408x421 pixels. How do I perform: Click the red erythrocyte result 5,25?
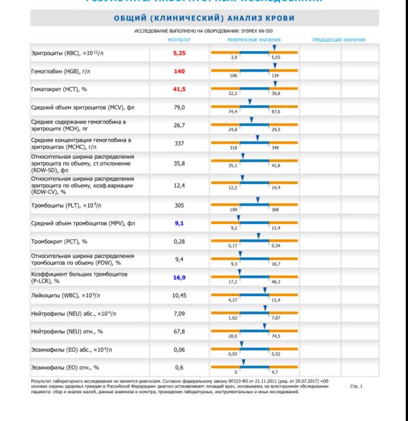click(180, 52)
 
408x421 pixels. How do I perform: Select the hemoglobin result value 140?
click(180, 71)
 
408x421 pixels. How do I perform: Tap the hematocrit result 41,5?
click(180, 89)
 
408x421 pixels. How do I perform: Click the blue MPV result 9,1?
click(180, 223)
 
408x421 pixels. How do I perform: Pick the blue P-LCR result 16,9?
click(180, 277)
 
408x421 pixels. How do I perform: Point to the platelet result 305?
click(180, 204)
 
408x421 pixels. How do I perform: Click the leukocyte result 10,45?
click(180, 295)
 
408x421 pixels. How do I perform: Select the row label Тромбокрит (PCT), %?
click(60, 241)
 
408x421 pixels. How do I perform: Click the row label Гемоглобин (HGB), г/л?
click(64, 71)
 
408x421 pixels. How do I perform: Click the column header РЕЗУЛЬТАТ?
click(179, 40)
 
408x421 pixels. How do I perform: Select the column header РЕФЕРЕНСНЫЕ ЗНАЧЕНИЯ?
click(254, 40)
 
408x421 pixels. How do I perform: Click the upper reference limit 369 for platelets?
click(275, 210)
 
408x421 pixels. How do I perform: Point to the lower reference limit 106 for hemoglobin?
click(233, 76)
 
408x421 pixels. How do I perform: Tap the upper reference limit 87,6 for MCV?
click(275, 111)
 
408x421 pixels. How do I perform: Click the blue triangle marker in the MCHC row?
click(258, 139)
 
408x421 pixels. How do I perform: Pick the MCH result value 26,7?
click(180, 125)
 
